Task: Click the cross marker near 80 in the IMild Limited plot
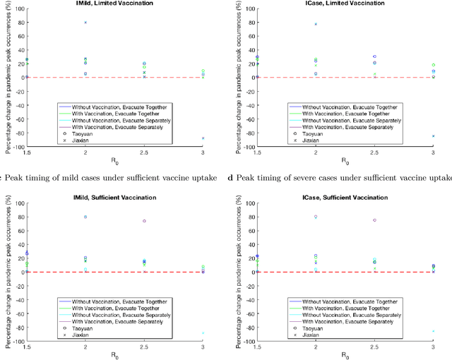click(x=85, y=23)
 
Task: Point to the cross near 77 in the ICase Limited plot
click(x=316, y=24)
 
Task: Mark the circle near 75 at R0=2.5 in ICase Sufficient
click(x=374, y=220)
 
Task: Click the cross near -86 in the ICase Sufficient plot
click(x=433, y=331)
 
